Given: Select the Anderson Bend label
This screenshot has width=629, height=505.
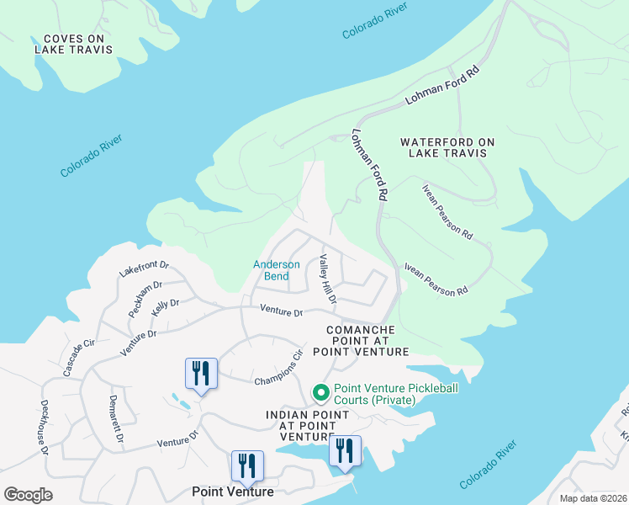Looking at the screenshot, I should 277,270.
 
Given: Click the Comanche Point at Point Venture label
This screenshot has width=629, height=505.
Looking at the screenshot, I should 361,341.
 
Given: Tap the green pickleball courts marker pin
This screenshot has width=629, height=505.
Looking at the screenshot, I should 320,392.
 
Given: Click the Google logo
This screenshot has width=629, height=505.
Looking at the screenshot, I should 28,495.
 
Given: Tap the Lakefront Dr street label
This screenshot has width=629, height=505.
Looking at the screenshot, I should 144,268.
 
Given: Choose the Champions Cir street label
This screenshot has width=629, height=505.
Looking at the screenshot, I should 278,369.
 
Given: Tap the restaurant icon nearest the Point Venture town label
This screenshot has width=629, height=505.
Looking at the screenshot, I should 247,465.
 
